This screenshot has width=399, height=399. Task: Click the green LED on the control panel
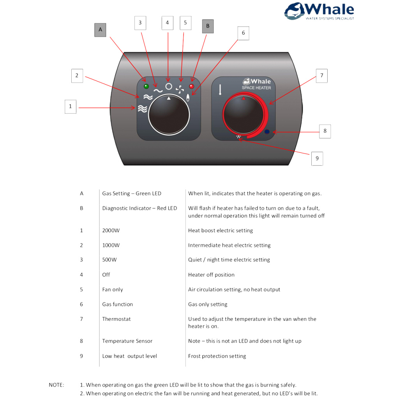tap(146, 86)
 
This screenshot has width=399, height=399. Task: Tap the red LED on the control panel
tap(191, 86)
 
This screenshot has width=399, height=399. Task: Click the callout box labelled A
tap(100, 30)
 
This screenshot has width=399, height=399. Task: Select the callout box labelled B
tap(208, 26)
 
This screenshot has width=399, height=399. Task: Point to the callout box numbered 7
tap(321, 76)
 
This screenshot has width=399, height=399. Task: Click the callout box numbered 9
tap(317, 159)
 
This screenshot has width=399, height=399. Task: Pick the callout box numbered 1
tap(70, 106)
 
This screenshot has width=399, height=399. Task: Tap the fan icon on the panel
tap(180, 90)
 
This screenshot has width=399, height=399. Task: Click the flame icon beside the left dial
tap(188, 97)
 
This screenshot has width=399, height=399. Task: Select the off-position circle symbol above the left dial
tap(169, 87)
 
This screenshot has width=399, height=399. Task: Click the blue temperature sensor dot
tap(267, 132)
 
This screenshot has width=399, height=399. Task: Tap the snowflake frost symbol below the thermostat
tap(238, 137)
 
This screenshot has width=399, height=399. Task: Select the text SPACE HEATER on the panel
tap(256, 88)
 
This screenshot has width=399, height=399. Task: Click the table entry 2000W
tap(111, 230)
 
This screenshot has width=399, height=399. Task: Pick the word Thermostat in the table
tap(117, 319)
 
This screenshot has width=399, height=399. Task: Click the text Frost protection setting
tap(217, 356)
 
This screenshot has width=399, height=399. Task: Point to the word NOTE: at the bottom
tap(56, 385)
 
